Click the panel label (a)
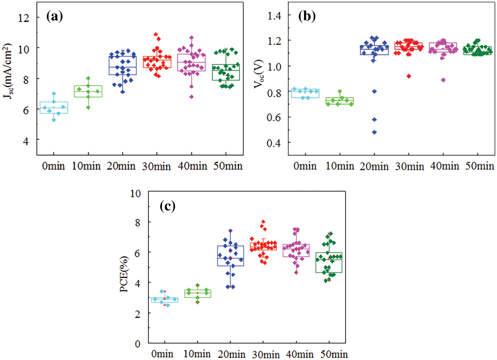pos(55,16)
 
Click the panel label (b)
pos(307,16)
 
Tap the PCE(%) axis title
pos(124,274)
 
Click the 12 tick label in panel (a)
pos(23,18)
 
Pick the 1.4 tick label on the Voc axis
pos(274,15)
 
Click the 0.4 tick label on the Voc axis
pos(274,143)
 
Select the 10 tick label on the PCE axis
pos(135,193)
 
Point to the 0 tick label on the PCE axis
pos(138,344)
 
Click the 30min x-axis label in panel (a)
pos(156,166)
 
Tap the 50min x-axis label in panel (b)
pos(479,166)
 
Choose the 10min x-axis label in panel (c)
pos(197,354)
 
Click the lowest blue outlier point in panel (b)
pos(374,132)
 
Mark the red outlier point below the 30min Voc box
pos(408,76)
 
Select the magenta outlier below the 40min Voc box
pos(443,80)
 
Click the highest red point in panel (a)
pos(156,34)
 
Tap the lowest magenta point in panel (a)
pos(191,97)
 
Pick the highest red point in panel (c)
pos(263,221)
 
